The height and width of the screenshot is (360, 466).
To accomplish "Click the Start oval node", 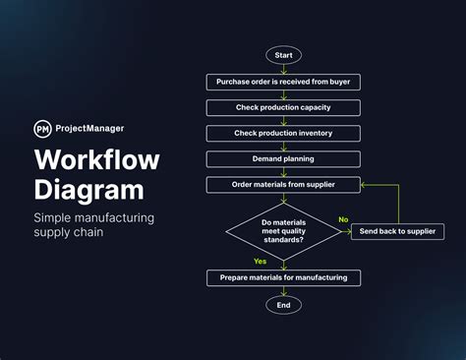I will tap(283, 55).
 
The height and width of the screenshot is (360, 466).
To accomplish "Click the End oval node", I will tap(283, 305).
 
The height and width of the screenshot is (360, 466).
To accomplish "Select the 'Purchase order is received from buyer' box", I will tap(283, 82).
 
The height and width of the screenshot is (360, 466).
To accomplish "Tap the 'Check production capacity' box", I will tap(283, 107).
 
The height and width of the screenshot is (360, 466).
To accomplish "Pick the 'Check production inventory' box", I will tap(283, 133).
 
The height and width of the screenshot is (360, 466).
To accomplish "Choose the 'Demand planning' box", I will tap(283, 158).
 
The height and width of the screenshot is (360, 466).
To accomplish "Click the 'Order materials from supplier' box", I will tap(283, 184).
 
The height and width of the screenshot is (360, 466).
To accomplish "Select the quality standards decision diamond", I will tap(283, 231).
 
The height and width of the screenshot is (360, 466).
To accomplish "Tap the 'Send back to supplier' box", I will tap(397, 231).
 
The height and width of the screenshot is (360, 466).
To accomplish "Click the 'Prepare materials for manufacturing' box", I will tap(283, 278).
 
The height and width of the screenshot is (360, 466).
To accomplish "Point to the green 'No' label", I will tap(343, 219).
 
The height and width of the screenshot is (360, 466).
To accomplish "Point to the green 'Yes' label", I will tap(260, 262).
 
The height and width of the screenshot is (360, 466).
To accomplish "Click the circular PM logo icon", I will tap(43, 128).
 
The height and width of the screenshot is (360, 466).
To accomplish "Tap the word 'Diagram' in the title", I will tap(87, 190).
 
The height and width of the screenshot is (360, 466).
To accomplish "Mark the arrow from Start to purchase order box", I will tap(283, 69).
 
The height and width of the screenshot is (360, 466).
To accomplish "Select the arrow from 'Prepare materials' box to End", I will tap(283, 291).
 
